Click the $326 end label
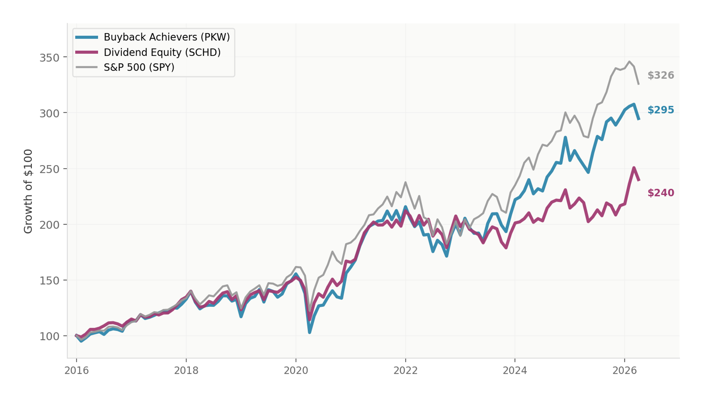(x=660, y=75)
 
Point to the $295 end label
(x=660, y=110)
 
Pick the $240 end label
(x=660, y=193)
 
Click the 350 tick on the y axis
(x=50, y=58)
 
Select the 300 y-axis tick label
(x=50, y=114)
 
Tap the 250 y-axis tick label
(x=50, y=169)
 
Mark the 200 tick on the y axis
(x=50, y=225)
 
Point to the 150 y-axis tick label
(x=50, y=281)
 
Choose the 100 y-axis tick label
(x=50, y=337)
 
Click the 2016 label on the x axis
(x=77, y=370)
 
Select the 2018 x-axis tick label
(x=186, y=370)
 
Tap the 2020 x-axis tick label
(x=296, y=370)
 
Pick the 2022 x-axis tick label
(x=405, y=370)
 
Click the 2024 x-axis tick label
(x=515, y=370)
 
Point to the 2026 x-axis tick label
(x=624, y=370)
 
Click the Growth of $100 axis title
(x=28, y=191)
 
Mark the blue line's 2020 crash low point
(x=309, y=332)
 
